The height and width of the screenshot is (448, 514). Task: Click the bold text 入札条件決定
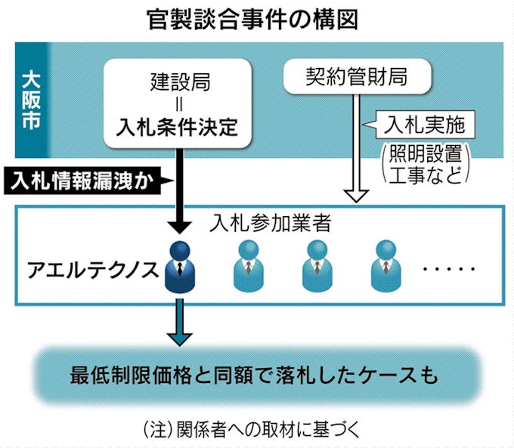(x=178, y=125)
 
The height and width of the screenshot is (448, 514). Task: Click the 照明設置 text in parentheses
(x=423, y=155)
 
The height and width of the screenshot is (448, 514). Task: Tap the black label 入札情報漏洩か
(x=85, y=181)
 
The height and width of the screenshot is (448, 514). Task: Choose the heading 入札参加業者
(x=270, y=224)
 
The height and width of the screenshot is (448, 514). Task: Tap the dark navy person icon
(x=179, y=266)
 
